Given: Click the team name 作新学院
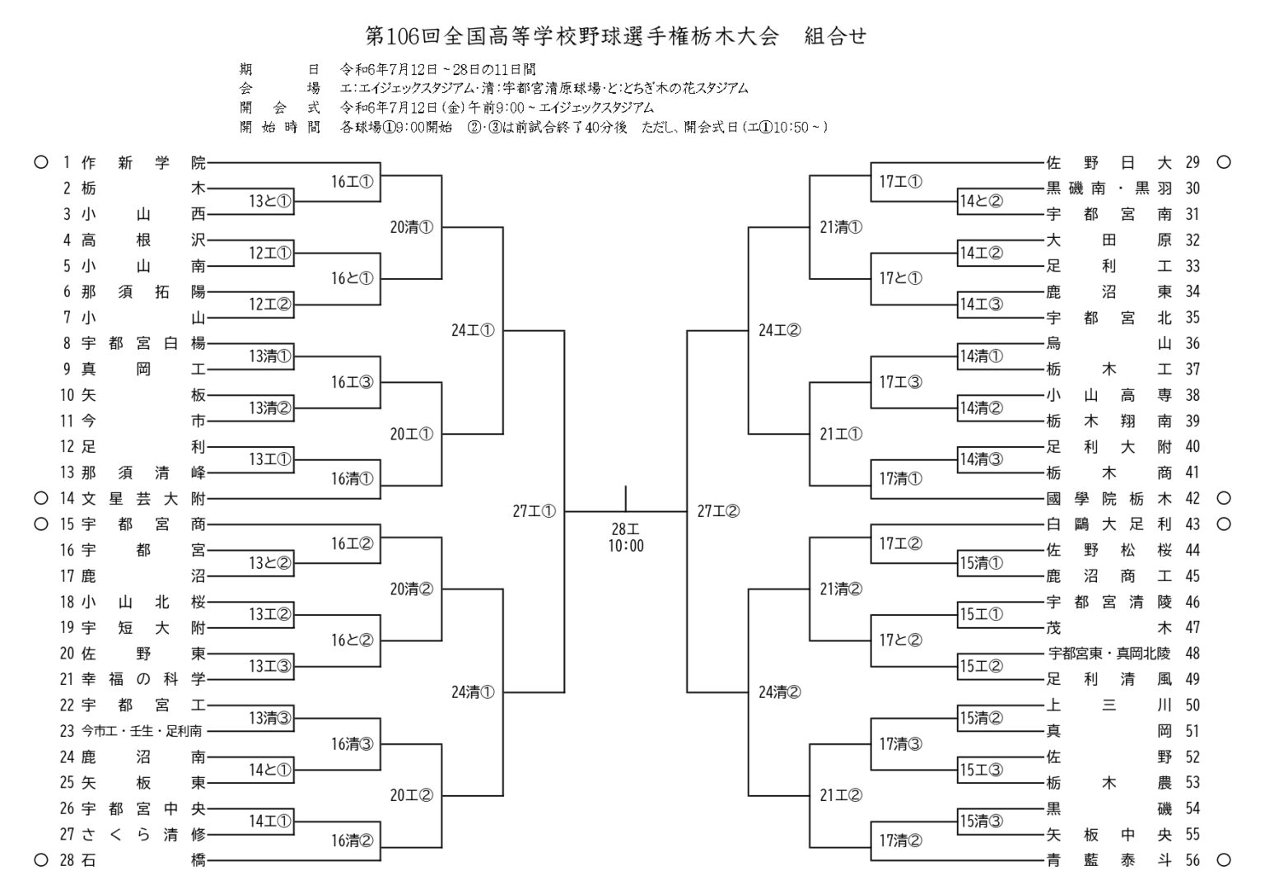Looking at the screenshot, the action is point(143,163).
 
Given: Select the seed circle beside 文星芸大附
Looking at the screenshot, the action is point(40,498).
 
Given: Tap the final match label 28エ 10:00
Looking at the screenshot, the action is point(626,538).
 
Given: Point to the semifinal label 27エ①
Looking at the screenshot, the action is point(534,511).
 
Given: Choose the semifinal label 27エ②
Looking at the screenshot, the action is point(718,511).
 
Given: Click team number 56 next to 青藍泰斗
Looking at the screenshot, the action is point(1193,860).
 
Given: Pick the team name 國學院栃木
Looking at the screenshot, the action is point(1109,499).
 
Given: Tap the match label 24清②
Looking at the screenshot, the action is point(780,692).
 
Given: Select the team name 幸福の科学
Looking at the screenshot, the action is point(143,679).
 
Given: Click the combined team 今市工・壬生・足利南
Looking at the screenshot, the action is point(141,731).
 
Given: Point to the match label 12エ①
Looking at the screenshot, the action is point(270,253).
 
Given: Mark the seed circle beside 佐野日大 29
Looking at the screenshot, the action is point(1223,162).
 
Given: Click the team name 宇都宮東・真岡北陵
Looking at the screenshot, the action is point(1109,654).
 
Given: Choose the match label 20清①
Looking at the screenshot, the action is point(412,227).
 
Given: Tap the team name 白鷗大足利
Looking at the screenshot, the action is point(1109,524).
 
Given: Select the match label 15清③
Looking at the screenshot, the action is point(982,822).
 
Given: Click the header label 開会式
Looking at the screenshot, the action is point(280,108).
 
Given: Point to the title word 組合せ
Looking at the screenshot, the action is point(835,36).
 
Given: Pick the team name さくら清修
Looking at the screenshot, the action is point(143,834).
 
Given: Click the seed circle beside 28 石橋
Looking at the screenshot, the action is point(40,860).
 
